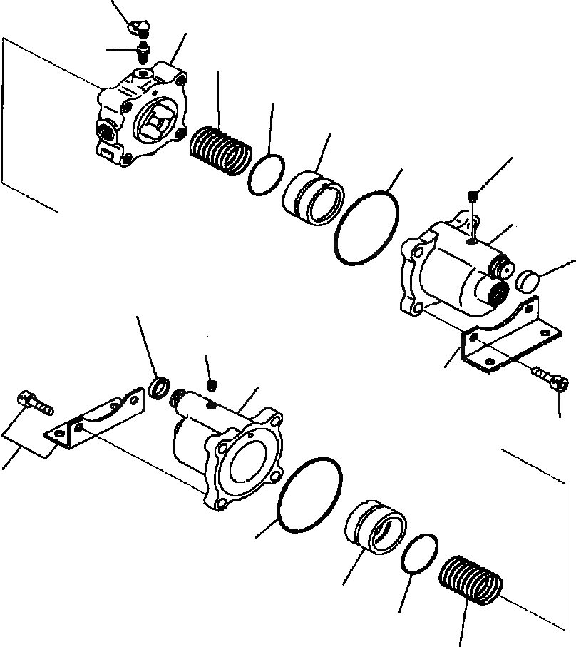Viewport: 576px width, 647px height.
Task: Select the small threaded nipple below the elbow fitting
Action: click(143, 51)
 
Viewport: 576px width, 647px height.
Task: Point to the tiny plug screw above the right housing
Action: click(474, 195)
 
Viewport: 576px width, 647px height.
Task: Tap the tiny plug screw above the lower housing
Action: click(210, 385)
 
